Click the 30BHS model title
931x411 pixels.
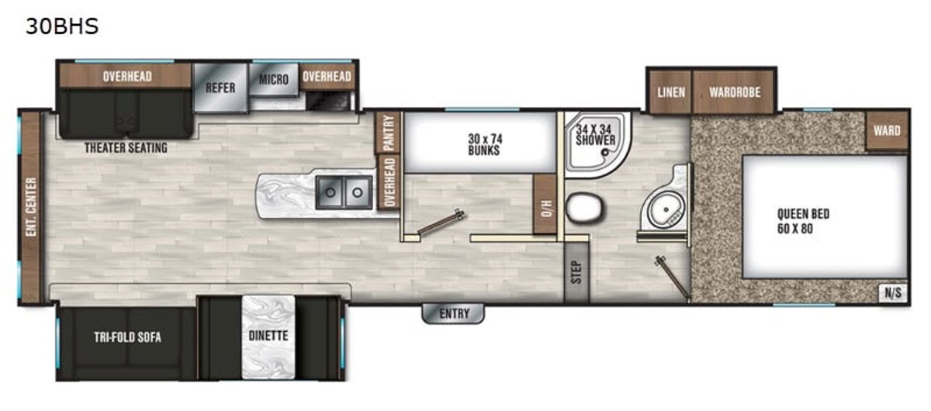click(62, 26)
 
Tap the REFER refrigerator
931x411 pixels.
click(220, 88)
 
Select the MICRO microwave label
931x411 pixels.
click(273, 79)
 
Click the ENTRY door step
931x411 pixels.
click(453, 313)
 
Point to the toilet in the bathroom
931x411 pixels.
click(585, 208)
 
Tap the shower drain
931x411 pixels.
click(605, 153)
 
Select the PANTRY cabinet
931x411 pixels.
click(388, 133)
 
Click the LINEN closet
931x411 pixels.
click(671, 92)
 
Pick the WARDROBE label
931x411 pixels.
click(735, 92)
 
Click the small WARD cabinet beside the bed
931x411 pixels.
click(887, 130)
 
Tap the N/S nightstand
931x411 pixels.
click(893, 292)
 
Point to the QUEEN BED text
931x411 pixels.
click(804, 214)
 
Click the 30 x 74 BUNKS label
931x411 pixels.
click(485, 144)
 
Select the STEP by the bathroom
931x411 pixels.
click(576, 273)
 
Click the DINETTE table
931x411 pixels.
click(268, 337)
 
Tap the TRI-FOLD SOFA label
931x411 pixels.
click(127, 337)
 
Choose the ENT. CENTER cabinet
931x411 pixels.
click(31, 207)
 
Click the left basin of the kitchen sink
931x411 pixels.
click(330, 192)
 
